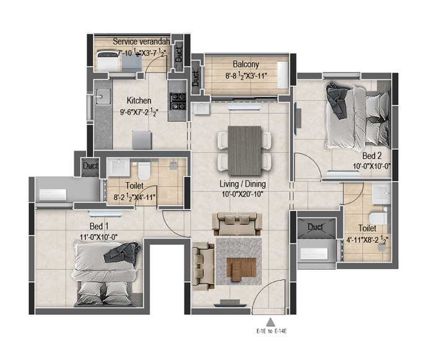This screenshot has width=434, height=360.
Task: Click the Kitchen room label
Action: coord(139,100)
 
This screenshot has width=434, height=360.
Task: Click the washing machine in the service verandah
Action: coord(108,61)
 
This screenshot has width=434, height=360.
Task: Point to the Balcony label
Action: coord(246,64)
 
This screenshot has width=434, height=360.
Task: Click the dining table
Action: coord(245,151)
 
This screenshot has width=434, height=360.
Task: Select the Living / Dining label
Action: coord(243,184)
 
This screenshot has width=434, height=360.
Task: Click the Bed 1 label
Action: coord(99,226)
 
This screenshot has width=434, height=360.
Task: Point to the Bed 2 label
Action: coord(371,156)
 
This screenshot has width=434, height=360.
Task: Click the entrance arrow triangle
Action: coord(271,322)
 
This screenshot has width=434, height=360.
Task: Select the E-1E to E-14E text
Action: coord(272,331)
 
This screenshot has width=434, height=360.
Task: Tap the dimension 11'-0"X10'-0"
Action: coord(99,237)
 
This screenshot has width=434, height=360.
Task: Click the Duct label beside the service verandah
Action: coord(179,55)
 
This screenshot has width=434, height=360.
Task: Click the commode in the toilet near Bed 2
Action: coord(378,219)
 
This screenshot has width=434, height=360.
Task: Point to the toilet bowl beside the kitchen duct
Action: coord(144,171)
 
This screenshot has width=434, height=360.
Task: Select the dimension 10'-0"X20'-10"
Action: coord(243,194)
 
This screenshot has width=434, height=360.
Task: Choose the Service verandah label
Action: coord(141,42)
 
